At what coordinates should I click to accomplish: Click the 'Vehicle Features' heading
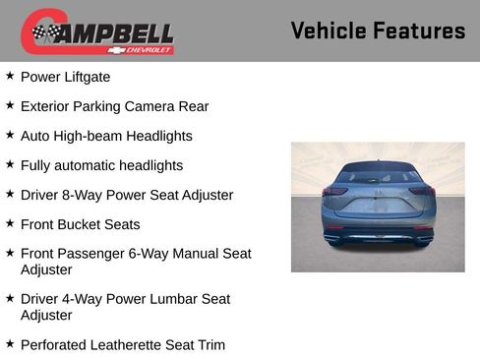tap(378, 30)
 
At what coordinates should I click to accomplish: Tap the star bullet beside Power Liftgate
tap(10, 76)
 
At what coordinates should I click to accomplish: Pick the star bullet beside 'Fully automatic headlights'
tap(10, 164)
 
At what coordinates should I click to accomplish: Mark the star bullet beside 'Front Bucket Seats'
tap(10, 223)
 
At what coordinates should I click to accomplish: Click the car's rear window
tap(378, 178)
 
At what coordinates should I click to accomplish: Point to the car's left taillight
tap(335, 191)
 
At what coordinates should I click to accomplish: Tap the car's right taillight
tap(421, 191)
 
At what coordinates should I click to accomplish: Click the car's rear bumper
tap(378, 234)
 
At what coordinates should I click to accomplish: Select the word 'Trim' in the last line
tap(210, 344)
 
